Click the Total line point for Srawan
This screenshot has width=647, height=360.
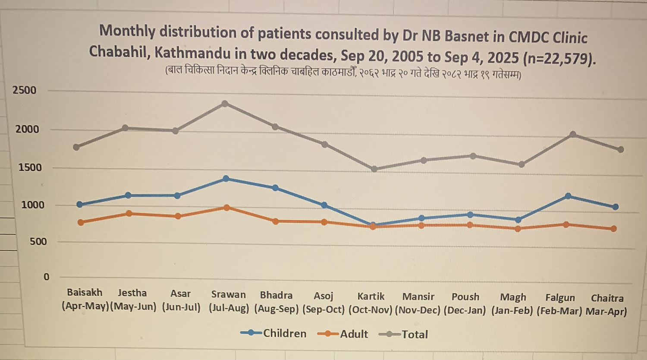pos(225,104)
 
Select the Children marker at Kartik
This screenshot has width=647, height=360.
pos(373,225)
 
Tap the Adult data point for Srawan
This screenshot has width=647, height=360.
pos(227,208)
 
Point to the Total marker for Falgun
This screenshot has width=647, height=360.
pos(573,135)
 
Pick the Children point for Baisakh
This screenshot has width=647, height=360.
pos(80,204)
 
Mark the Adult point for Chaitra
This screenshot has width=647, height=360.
pos(613,229)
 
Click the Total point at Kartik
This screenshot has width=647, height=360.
pos(374,169)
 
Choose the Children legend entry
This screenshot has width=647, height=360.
pos(273,333)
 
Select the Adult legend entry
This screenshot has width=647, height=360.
pos(342,334)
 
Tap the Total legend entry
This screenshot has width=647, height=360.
pos(403,335)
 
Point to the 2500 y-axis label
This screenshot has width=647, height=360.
pos(25,90)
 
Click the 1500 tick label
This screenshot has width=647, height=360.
pos(30,167)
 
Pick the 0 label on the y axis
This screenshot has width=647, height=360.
pos(47,277)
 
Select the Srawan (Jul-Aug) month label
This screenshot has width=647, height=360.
pos(229,301)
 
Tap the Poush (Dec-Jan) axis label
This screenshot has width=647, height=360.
pos(465,303)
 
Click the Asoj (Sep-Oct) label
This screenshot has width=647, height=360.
pos(323,303)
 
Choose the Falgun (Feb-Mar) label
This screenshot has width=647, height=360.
pos(559,304)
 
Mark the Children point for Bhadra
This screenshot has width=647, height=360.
pos(275,188)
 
